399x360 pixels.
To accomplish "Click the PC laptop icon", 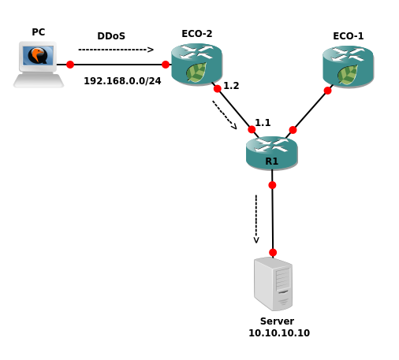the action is [39, 65].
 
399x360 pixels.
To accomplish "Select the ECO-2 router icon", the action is [196, 65].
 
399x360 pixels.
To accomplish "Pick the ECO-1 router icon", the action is [348, 67].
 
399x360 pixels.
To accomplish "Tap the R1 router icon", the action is [272, 153].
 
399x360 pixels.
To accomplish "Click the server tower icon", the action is [273, 284].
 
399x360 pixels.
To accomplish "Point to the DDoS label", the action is [111, 36].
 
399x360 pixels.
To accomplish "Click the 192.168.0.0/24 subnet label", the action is [122, 81].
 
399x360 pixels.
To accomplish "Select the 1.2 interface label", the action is [231, 86].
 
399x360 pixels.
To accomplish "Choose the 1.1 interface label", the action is [263, 122].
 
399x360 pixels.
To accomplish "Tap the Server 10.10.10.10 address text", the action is [279, 333].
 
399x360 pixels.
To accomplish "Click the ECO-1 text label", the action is [349, 36].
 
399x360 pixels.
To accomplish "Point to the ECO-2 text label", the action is [197, 34].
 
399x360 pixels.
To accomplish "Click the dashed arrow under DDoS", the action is [116, 50].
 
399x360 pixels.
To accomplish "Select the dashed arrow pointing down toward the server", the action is [256, 219].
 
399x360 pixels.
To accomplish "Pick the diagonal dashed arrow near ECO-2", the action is [225, 115].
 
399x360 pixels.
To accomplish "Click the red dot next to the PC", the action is [70, 65].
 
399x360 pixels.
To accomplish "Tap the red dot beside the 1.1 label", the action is [252, 129].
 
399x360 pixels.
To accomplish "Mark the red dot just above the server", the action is [273, 253].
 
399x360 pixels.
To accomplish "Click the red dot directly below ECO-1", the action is [327, 91].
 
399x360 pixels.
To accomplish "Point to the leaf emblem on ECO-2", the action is [196, 72].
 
